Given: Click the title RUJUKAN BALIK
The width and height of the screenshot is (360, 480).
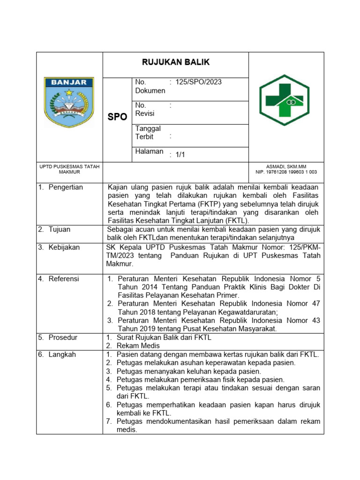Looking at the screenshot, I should pyautogui.click(x=176, y=62).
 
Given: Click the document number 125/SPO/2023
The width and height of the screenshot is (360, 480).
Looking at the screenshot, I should pyautogui.click(x=198, y=82).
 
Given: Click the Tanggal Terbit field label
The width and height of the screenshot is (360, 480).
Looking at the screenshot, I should pyautogui.click(x=148, y=133).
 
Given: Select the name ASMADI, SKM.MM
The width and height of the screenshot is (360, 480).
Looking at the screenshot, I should pyautogui.click(x=286, y=166).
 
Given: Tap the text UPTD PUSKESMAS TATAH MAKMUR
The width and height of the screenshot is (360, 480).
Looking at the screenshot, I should pyautogui.click(x=69, y=169).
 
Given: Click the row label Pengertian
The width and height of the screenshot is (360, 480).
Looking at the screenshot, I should pyautogui.click(x=65, y=187).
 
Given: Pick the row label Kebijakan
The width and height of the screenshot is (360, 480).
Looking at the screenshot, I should pyautogui.click(x=64, y=247).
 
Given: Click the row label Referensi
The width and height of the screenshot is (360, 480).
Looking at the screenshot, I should pyautogui.click(x=64, y=278).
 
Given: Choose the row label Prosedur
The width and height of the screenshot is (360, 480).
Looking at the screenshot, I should pyautogui.click(x=63, y=337).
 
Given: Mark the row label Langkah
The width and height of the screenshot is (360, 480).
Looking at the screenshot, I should pyautogui.click(x=62, y=354).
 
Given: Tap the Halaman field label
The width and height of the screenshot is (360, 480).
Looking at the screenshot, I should pyautogui.click(x=149, y=151).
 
